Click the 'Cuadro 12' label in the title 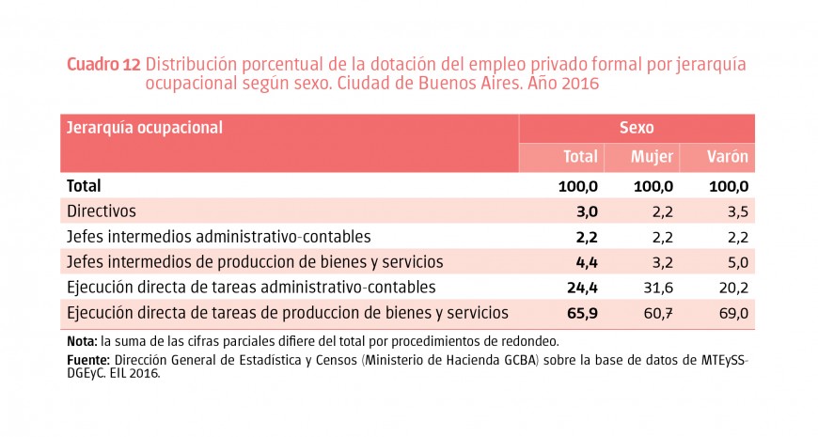tap(103, 65)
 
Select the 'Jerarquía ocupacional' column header tap(144, 128)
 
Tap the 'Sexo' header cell tap(637, 128)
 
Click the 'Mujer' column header tap(652, 157)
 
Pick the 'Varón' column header tap(728, 157)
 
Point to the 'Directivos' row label tap(102, 211)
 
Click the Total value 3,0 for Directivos tap(588, 211)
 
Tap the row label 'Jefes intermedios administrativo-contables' tap(219, 237)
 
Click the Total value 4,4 tap(588, 261)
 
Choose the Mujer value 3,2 tap(662, 261)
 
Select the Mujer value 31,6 tap(657, 287)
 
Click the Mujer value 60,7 tap(657, 312)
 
